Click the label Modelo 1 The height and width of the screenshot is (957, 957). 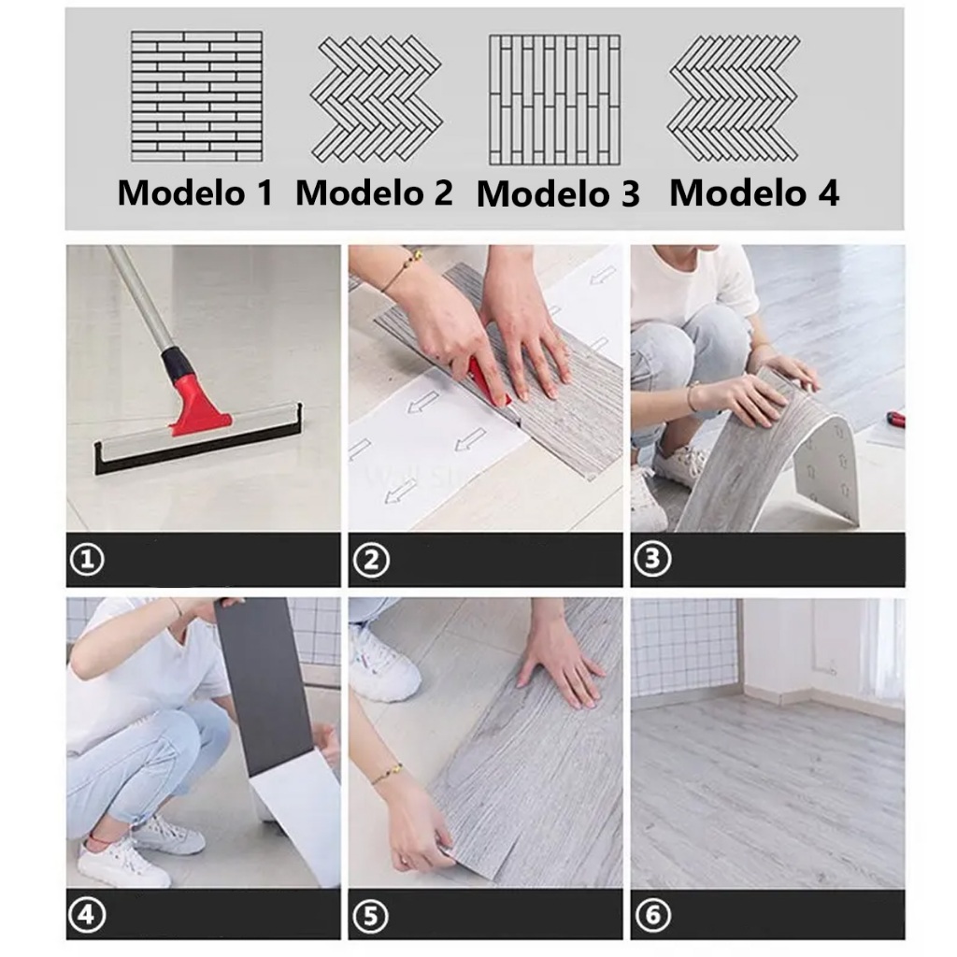click(x=195, y=193)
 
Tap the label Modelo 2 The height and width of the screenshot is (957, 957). click(x=374, y=193)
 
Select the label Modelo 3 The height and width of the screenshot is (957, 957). click(x=558, y=194)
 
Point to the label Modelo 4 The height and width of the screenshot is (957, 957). click(x=754, y=193)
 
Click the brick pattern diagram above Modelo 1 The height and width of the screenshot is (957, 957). click(x=196, y=96)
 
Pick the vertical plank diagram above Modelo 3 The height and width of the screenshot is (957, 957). click(x=554, y=99)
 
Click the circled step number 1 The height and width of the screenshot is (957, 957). click(x=87, y=559)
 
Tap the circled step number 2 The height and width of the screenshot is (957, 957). click(x=371, y=561)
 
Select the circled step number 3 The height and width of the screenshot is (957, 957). click(x=652, y=559)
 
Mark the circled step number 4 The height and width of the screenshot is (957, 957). click(x=87, y=915)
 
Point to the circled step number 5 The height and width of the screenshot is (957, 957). click(x=371, y=916)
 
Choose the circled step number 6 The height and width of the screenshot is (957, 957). click(x=652, y=915)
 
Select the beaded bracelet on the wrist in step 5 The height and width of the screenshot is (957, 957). click(x=387, y=774)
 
